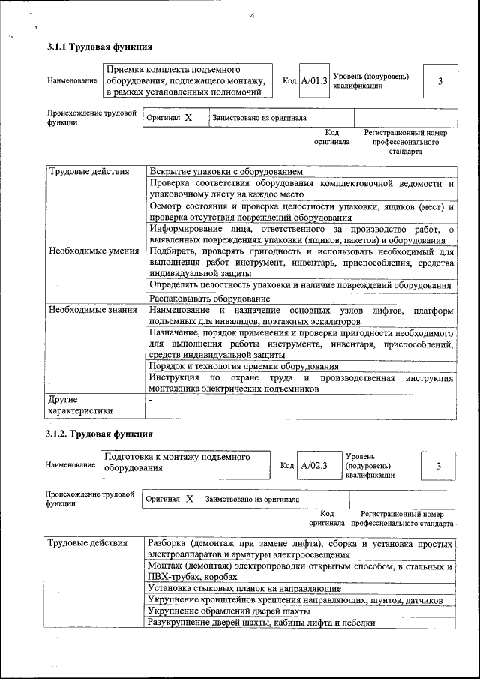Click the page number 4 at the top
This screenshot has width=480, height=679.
[252, 17]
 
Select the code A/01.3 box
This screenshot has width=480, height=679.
[313, 81]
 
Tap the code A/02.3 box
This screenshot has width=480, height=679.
[314, 466]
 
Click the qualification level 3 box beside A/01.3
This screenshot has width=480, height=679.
[440, 81]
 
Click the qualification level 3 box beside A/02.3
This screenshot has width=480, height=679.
[438, 466]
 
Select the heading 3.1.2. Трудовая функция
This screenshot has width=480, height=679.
[100, 434]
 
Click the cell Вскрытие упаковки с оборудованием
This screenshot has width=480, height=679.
[226, 172]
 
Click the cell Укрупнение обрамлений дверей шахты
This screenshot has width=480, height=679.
[229, 611]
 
